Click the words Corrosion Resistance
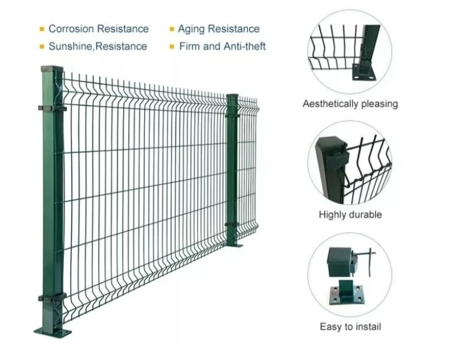(x=98, y=29)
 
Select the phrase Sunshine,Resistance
(x=97, y=46)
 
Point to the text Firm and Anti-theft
(x=222, y=46)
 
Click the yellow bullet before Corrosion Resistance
(x=42, y=29)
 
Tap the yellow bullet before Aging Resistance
(x=171, y=29)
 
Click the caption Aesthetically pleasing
(x=350, y=104)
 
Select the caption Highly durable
(x=350, y=215)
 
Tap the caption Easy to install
(x=350, y=327)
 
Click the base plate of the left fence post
(x=54, y=331)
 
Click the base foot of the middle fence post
(x=234, y=244)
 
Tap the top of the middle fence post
(x=233, y=96)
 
